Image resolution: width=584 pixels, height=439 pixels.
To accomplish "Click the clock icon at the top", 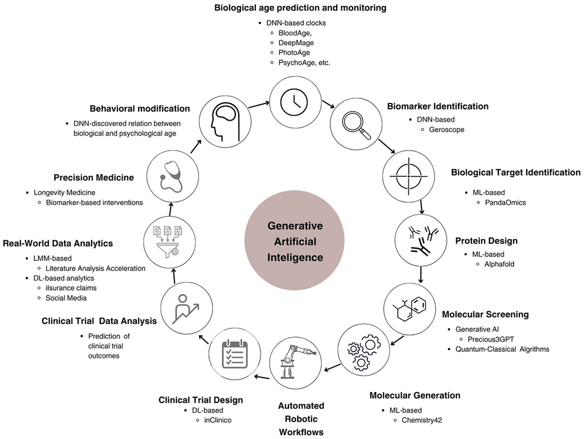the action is point(294,102).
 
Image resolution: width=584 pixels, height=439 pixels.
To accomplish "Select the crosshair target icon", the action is point(409,176).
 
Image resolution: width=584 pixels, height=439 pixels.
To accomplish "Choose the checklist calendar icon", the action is point(235,354).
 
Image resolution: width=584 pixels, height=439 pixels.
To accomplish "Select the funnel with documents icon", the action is point(168,241).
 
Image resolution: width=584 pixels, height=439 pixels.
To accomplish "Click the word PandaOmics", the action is point(506,203).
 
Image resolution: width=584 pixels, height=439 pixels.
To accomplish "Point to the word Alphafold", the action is point(499,264).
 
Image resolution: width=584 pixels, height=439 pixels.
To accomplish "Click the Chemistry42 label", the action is point(421,420).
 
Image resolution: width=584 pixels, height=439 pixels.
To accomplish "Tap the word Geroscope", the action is point(447,129).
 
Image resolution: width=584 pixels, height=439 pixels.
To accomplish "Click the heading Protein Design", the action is point(487,240).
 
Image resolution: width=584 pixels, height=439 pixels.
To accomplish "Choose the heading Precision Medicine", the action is point(94,177).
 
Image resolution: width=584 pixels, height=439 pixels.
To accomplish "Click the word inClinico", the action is point(218,420).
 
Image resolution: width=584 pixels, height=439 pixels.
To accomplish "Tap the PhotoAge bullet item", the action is point(294,53).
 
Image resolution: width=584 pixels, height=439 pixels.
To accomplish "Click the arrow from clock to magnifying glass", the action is point(328,104).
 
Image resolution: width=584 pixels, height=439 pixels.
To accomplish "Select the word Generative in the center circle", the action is point(295,226).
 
